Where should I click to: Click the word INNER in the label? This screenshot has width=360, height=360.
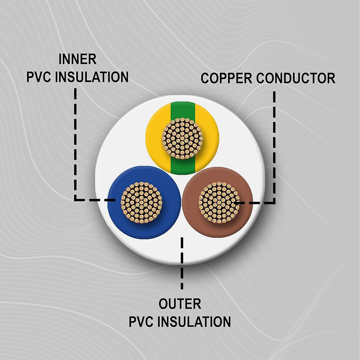(x=78, y=59)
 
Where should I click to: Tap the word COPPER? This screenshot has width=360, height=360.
(x=226, y=78)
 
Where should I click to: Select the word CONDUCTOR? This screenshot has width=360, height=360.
(x=296, y=78)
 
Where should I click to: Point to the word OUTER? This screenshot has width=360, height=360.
(x=180, y=304)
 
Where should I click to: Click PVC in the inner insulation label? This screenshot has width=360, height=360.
(x=39, y=77)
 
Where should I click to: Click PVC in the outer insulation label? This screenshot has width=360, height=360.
(x=141, y=321)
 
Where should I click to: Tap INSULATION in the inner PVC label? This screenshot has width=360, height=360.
(x=91, y=77)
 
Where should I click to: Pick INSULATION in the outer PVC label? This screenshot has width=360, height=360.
(x=194, y=321)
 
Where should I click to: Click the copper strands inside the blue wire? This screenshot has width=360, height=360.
(x=141, y=202)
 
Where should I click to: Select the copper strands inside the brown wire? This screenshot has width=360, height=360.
(x=219, y=202)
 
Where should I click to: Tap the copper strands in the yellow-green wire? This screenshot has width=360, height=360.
(x=182, y=138)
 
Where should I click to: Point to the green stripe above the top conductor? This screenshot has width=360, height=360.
(x=183, y=110)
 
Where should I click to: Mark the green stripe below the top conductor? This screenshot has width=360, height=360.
(x=183, y=166)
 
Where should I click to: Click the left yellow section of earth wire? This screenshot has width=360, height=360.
(x=154, y=138)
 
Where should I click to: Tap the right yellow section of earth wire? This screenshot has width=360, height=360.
(x=211, y=138)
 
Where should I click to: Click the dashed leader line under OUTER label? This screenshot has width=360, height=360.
(x=182, y=263)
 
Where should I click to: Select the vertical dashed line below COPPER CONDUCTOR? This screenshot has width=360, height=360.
(x=274, y=147)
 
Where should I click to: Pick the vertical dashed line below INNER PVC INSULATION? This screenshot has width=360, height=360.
(x=75, y=144)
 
